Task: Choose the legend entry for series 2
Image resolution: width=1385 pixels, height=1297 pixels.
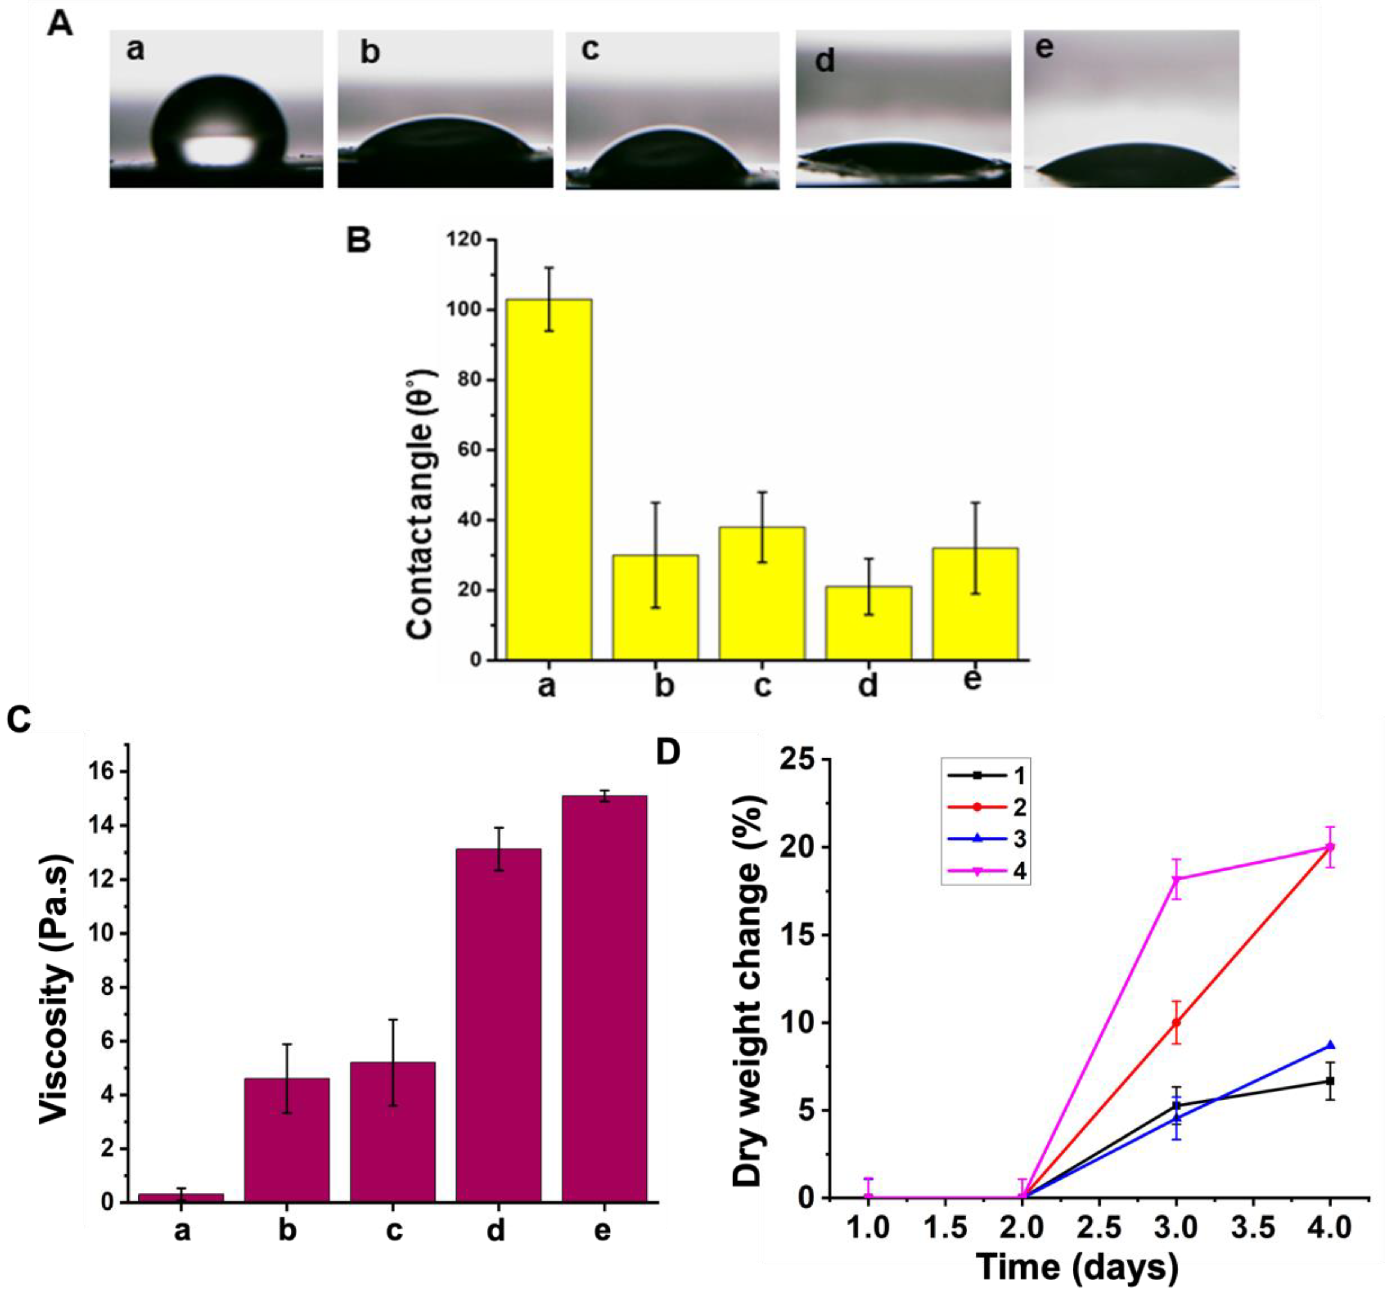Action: [x=986, y=807]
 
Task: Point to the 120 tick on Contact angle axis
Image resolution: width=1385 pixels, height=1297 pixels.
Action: [x=465, y=239]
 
